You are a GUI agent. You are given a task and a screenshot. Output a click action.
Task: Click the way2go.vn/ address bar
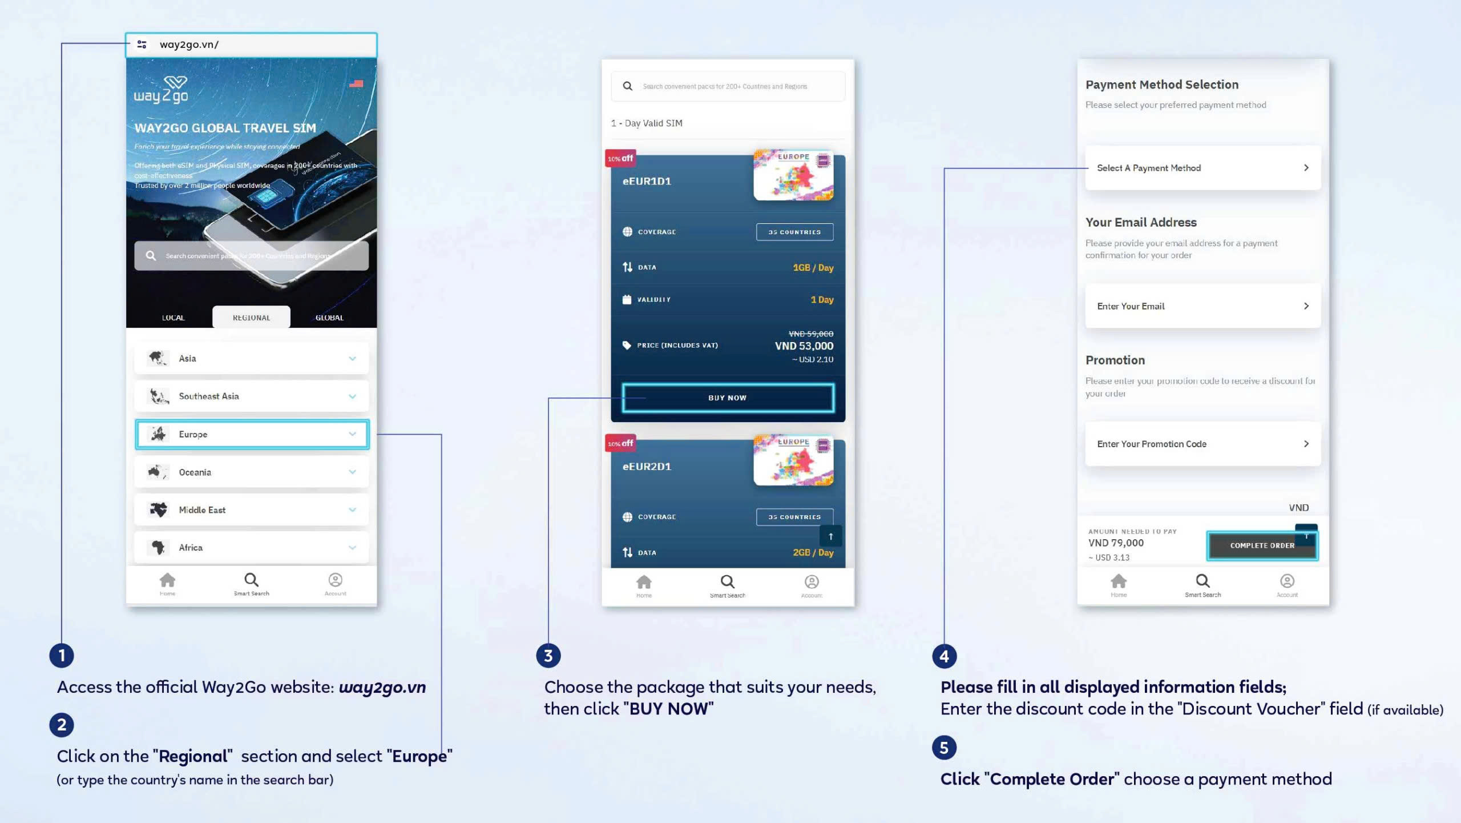tap(251, 45)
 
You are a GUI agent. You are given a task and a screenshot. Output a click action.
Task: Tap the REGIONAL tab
tap(251, 318)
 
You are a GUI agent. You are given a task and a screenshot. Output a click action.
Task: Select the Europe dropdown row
tap(252, 434)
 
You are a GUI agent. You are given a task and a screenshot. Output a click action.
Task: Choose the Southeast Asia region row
tap(252, 396)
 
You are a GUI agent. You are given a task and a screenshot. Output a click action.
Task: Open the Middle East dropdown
tap(252, 510)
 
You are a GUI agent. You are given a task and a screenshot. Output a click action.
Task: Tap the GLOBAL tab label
tap(329, 318)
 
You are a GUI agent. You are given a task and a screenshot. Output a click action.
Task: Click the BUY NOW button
tap(728, 398)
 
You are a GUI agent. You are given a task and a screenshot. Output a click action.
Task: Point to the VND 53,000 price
tap(804, 346)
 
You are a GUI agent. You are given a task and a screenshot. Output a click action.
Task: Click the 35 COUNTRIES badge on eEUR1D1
tap(794, 232)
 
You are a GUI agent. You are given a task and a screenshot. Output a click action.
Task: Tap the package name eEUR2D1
tap(647, 467)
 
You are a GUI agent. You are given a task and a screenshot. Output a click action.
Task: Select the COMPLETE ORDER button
tap(1262, 545)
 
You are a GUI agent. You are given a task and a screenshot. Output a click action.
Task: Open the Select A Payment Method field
tap(1202, 168)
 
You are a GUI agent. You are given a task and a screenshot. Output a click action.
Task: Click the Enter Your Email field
tap(1202, 306)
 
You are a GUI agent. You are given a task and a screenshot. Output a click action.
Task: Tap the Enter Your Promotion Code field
tap(1202, 444)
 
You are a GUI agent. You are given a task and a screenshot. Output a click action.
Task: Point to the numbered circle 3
tap(548, 656)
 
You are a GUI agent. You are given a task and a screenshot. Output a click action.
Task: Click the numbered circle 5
tap(944, 748)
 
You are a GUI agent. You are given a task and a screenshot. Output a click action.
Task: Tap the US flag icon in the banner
tap(356, 83)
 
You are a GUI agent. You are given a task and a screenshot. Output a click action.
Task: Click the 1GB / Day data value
tap(813, 268)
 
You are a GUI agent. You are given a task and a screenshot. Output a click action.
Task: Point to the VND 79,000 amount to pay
tap(1116, 543)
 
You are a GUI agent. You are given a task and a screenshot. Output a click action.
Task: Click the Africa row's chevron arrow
tap(352, 548)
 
